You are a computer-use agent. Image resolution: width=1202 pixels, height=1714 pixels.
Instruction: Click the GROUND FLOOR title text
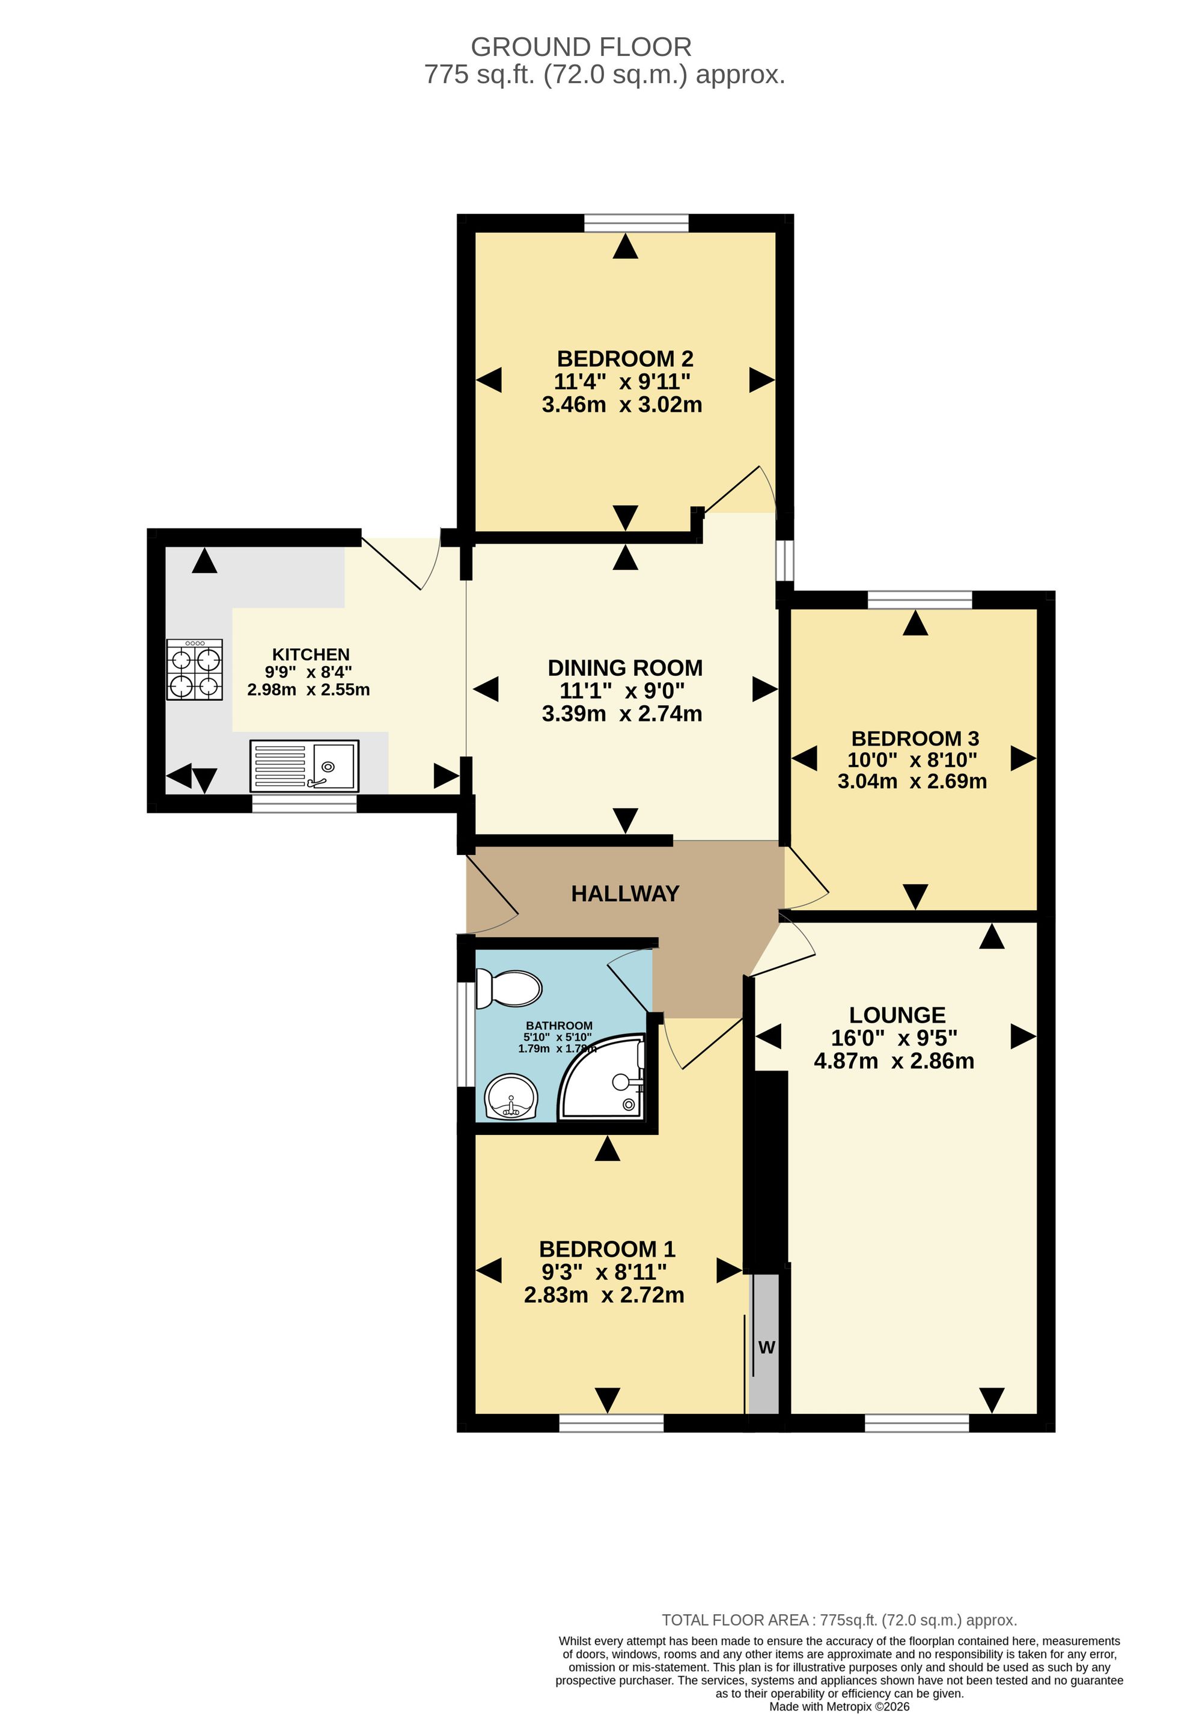(x=581, y=47)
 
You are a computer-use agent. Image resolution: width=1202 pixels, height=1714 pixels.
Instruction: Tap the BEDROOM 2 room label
(x=624, y=359)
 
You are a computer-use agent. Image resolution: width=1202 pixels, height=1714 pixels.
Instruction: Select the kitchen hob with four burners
(x=194, y=669)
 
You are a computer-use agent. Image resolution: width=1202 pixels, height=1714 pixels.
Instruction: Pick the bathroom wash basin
(x=511, y=1097)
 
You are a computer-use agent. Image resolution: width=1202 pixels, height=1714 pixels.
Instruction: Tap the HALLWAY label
(x=624, y=893)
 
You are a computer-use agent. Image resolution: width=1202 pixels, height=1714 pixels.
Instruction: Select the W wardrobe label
(x=766, y=1347)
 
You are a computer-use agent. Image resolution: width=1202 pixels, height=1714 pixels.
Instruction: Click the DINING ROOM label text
(x=624, y=668)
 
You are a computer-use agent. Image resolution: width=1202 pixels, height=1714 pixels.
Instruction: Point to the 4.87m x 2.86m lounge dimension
(x=893, y=1061)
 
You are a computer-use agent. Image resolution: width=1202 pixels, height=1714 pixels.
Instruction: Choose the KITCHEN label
(x=310, y=655)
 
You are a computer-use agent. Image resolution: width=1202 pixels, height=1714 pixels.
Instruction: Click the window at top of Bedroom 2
(x=636, y=222)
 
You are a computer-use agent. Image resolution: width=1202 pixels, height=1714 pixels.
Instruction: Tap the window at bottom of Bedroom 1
(x=611, y=1424)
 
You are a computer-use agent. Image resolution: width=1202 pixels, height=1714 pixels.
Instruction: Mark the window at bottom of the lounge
(x=917, y=1424)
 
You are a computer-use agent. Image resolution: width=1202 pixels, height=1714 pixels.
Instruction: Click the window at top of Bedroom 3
(x=920, y=599)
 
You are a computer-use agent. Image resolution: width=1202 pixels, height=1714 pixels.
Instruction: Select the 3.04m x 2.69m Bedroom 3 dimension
(x=912, y=782)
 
